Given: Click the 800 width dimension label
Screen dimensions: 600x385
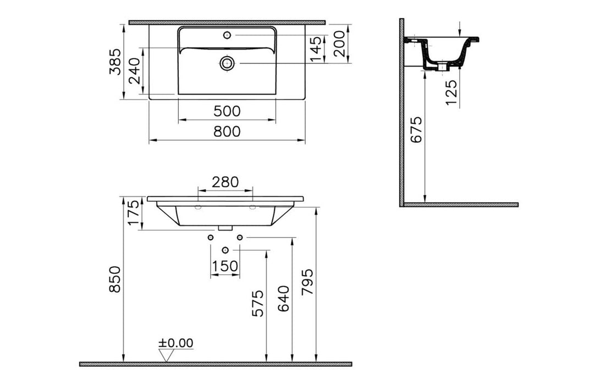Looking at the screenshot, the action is pos(227,131).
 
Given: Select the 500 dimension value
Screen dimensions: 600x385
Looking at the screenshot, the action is pos(227,111).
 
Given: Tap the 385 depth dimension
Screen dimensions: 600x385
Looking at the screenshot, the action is pos(115,62).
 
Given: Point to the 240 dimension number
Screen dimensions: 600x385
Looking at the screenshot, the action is pos(134,71).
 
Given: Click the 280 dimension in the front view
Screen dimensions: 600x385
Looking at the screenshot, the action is pos(225,182).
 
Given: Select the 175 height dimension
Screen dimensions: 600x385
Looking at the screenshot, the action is pos(134,213).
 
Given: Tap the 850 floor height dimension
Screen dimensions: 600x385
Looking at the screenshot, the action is pos(115,279).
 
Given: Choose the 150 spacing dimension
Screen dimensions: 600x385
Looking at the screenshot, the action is pos(224,266).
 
